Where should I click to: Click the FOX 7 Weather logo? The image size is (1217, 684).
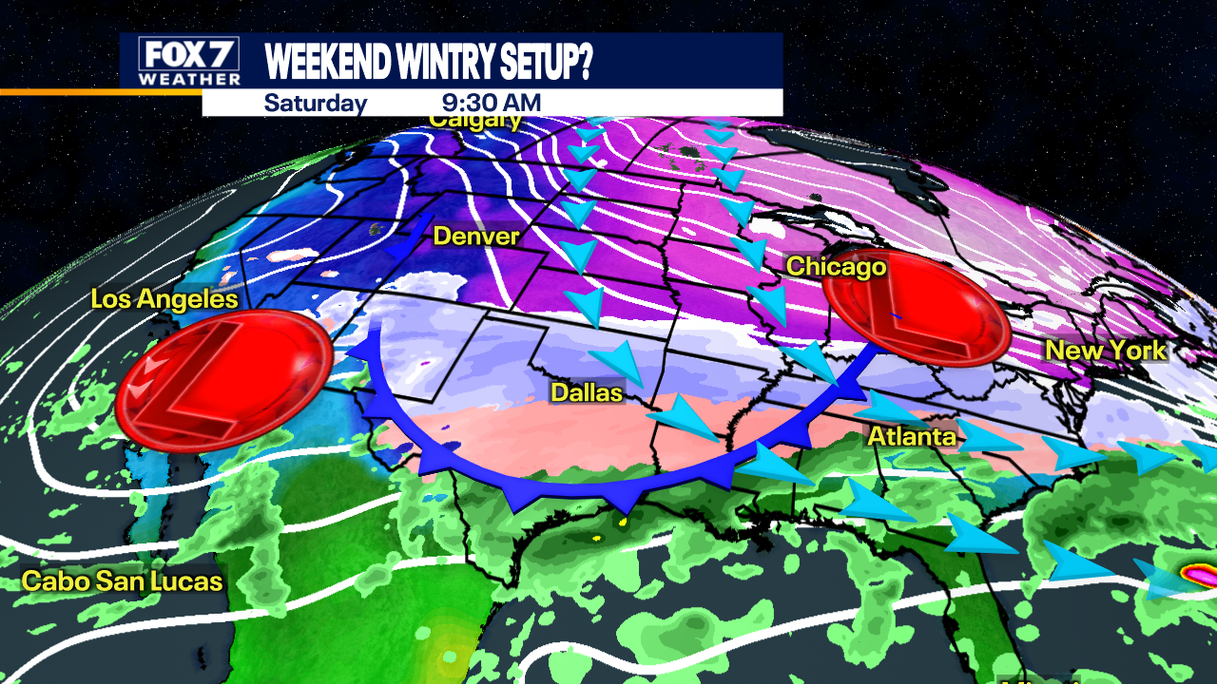pos(188,62)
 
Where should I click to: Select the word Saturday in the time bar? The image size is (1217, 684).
pos(315,103)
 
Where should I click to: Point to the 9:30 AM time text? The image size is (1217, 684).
pos(492,103)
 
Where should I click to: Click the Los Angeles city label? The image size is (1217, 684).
pos(164,299)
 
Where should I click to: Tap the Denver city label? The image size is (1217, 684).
pos(475,236)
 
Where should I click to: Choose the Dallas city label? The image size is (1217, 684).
pos(587,391)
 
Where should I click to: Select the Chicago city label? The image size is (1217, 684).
pos(836,266)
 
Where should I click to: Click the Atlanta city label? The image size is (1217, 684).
pos(911,436)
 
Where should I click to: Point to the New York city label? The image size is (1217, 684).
pos(1105,351)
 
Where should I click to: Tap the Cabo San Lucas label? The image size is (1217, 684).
pos(123,580)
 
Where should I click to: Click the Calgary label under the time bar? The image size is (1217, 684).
pos(474,121)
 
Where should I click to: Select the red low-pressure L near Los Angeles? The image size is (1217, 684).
pos(223,380)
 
